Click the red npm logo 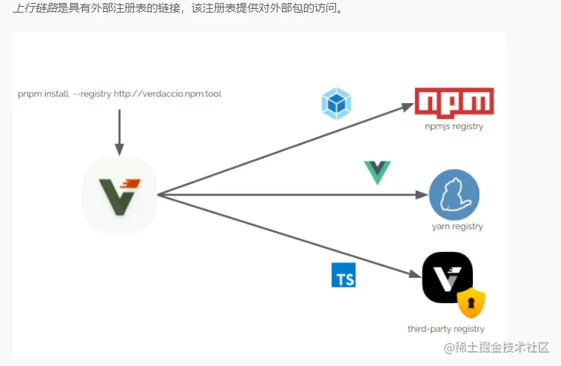coord(454,102)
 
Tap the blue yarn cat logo coord(454,195)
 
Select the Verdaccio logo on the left coord(119,195)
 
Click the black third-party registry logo coord(447,277)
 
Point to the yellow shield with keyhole coord(471,302)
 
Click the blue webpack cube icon coord(336,104)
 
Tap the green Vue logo coord(377,172)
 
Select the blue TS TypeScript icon coord(343,276)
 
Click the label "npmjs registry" coord(454,127)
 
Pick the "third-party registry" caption coord(446,329)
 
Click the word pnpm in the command coord(30,94)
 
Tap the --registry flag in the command coord(92,94)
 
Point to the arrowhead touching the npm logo coord(407,105)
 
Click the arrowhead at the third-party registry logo coord(414,274)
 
